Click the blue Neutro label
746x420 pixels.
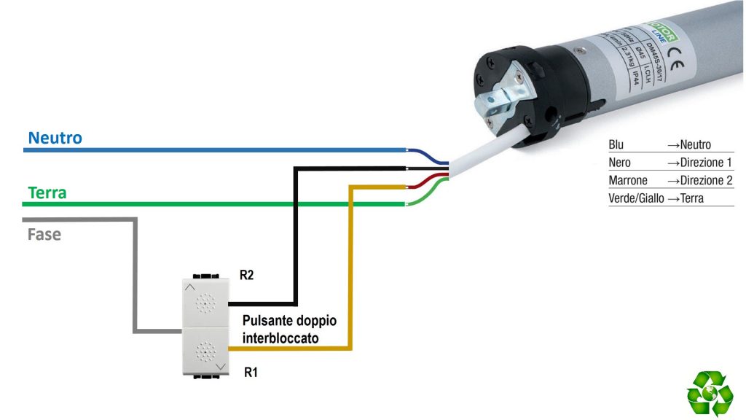coord(55,138)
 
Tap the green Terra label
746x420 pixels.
coord(47,193)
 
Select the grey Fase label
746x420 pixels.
coord(44,236)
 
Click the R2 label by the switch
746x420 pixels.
coord(248,276)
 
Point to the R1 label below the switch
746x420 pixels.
coord(251,372)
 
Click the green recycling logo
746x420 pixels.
coord(710,394)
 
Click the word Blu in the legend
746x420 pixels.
coord(616,145)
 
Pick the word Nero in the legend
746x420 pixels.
coord(619,163)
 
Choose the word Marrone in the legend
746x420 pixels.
coord(628,180)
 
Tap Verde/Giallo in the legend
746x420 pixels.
coord(636,198)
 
